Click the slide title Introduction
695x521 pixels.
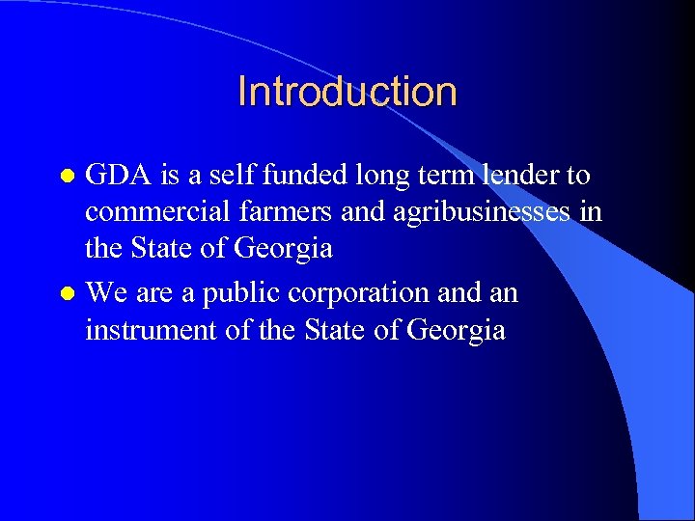pos(347,92)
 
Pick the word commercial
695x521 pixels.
pos(153,212)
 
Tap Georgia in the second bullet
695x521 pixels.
pos(457,330)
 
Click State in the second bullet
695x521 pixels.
pos(337,329)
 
